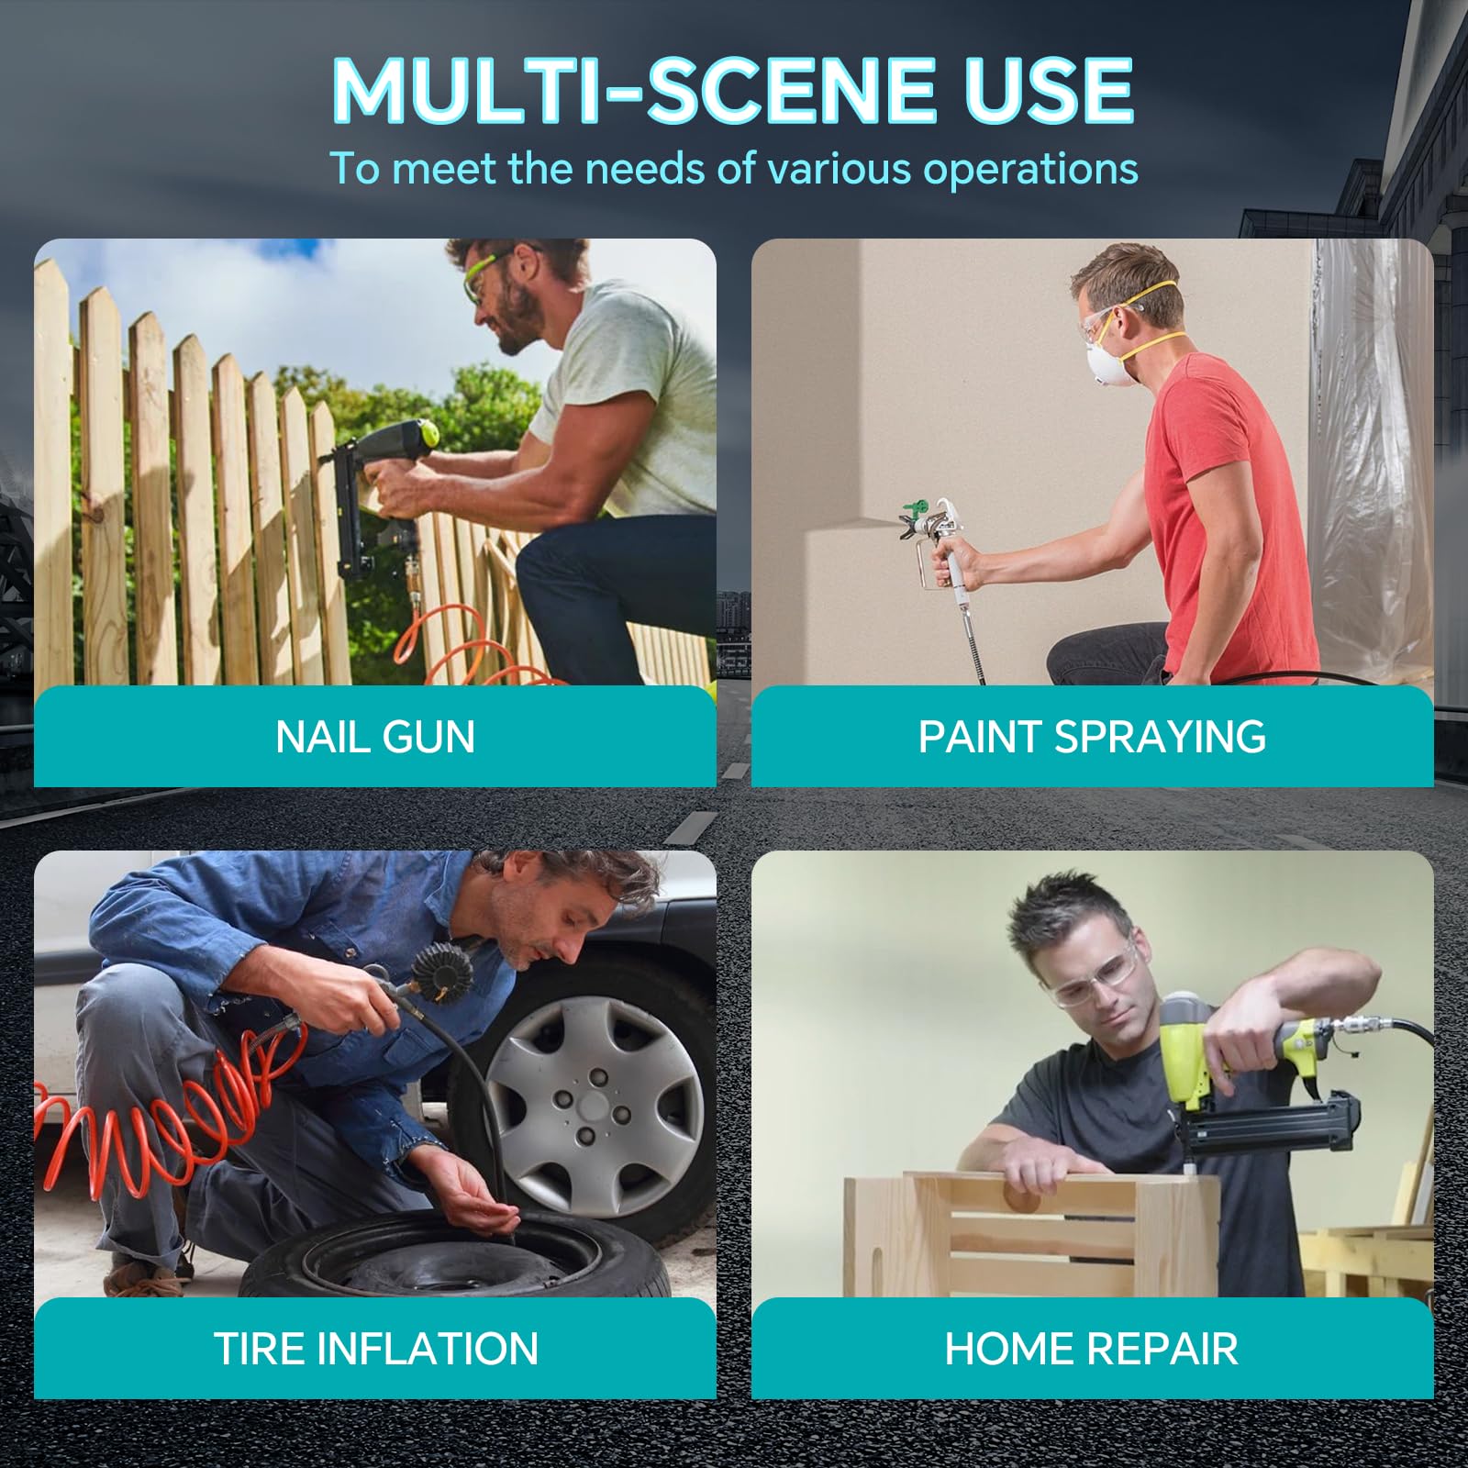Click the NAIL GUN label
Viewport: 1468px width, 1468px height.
[x=375, y=737]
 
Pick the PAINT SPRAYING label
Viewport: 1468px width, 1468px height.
[x=1092, y=737]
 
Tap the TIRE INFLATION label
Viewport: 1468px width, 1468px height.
[x=375, y=1349]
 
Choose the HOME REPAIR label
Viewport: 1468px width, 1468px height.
[x=1092, y=1349]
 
